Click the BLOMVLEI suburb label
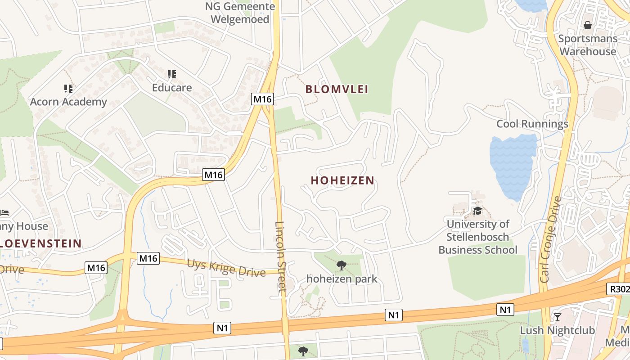coord(337,89)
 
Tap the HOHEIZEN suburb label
coord(342,180)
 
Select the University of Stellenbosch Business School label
coord(478,237)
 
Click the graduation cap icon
coord(477,211)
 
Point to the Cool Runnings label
coord(532,124)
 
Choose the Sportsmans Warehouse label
coord(588,45)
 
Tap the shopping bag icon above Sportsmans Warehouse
coord(587,25)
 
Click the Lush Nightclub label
coord(558,330)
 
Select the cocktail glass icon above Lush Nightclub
coord(558,317)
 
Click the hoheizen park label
coord(342,279)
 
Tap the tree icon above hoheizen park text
coord(342,265)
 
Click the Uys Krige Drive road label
coord(226,267)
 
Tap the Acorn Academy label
coord(68,102)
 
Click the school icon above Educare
coord(172,74)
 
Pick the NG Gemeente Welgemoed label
coord(240,13)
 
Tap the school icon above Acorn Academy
coord(68,88)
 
